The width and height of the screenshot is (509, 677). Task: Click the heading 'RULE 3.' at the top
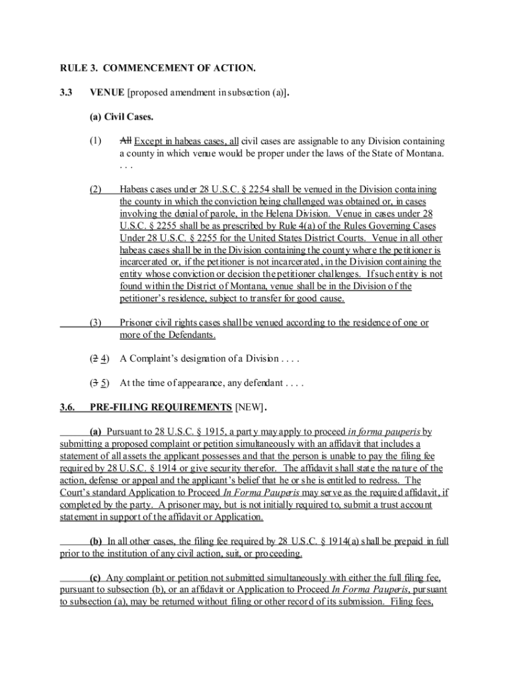coord(79,68)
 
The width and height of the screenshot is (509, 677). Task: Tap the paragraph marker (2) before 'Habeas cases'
coord(96,190)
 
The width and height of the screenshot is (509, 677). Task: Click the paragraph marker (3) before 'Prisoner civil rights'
coord(96,323)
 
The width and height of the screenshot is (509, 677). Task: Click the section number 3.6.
coord(69,407)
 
